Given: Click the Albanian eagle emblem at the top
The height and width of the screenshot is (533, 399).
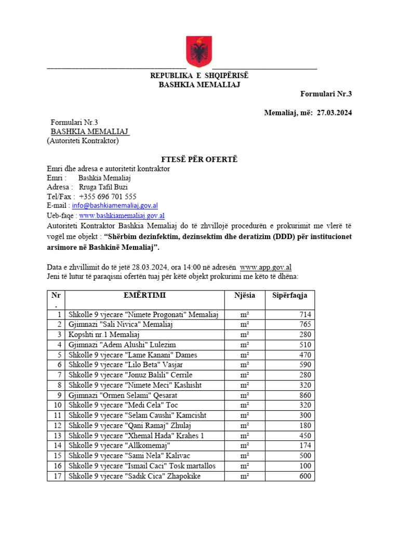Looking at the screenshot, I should click(199, 52).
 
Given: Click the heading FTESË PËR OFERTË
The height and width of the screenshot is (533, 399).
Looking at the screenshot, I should click(199, 159).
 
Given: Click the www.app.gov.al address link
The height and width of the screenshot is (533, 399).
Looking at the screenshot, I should click(265, 268).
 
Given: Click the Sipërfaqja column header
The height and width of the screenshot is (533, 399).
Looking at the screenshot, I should click(289, 296).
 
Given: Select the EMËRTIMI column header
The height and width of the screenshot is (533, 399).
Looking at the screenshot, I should click(145, 296).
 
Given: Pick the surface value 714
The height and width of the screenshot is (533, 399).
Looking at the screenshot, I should click(305, 314).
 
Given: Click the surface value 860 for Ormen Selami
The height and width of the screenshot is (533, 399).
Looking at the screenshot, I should click(305, 395).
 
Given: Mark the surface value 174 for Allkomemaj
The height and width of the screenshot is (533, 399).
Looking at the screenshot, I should click(305, 446).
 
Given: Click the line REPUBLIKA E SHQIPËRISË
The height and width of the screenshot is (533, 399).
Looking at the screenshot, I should click(199, 76).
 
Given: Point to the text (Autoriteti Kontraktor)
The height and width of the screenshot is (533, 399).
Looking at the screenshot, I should click(83, 141).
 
